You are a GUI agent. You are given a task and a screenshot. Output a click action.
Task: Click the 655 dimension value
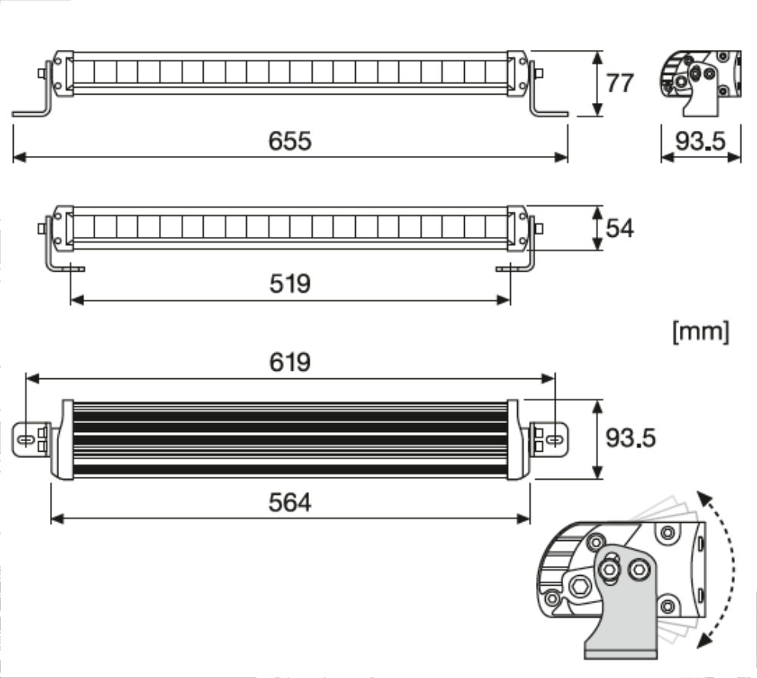(290, 141)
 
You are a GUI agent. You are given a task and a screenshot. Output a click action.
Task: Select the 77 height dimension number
(620, 82)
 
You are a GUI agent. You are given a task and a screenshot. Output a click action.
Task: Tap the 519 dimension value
(290, 284)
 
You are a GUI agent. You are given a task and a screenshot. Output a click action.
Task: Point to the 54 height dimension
(620, 228)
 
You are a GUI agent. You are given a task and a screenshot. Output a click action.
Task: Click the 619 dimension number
(290, 362)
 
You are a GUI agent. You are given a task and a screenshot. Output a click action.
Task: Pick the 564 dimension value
(290, 502)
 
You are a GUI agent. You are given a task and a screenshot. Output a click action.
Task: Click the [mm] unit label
(701, 331)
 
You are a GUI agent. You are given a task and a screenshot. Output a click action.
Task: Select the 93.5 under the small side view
(700, 141)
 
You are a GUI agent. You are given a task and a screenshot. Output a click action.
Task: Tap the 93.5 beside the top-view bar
(630, 437)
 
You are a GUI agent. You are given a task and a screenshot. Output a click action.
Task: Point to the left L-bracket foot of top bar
(30, 113)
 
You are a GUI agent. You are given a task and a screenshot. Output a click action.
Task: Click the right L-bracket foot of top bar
(550, 113)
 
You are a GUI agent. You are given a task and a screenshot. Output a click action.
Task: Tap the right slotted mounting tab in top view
(553, 439)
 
